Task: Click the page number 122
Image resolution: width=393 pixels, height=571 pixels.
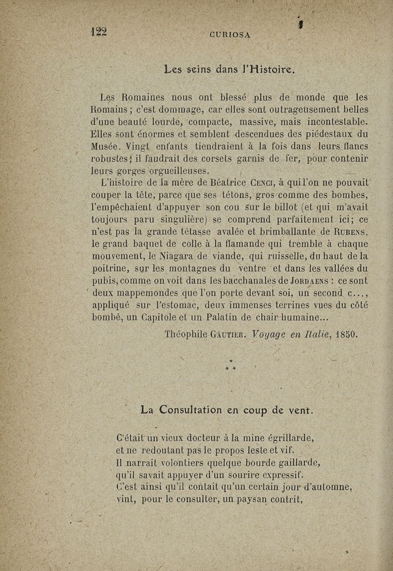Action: coord(100,31)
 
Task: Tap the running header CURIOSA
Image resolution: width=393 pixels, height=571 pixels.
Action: coord(230,35)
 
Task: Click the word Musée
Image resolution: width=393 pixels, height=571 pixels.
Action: coord(107,146)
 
